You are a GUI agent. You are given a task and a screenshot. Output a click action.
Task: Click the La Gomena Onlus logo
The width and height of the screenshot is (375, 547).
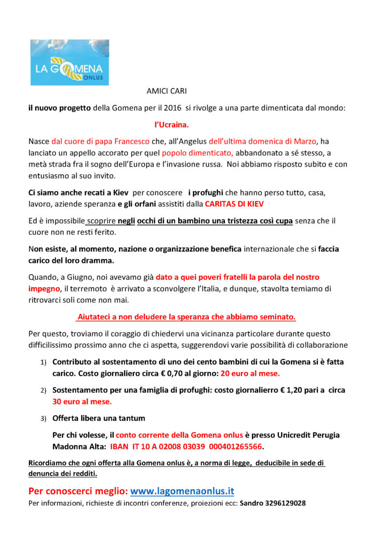coord(69,62)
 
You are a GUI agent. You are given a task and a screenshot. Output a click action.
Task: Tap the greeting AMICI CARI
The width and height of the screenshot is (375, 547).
coord(167,91)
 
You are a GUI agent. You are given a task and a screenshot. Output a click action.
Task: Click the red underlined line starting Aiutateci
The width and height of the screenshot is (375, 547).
coord(186,317)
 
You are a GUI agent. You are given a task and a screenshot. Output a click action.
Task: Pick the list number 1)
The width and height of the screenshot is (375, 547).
coord(44,363)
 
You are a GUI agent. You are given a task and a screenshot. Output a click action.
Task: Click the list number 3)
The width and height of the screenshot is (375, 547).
coord(44,418)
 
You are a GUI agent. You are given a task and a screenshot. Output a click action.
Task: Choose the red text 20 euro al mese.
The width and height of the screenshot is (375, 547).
coord(250,373)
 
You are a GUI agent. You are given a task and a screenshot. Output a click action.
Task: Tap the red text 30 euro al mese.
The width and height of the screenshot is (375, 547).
coord(82,401)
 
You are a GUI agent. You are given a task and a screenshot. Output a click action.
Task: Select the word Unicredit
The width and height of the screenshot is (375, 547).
coord(292,435)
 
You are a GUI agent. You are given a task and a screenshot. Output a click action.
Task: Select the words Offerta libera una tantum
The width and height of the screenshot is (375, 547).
coord(98,418)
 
